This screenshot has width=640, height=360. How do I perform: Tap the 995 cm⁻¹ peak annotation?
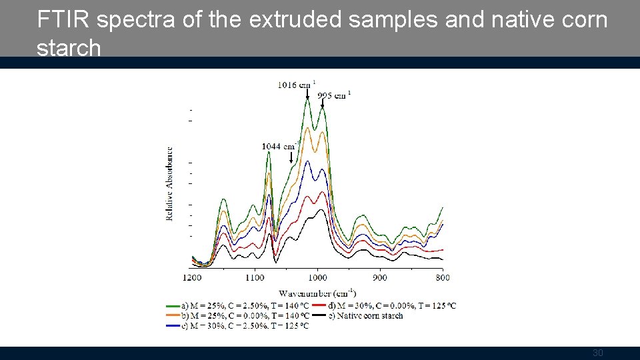tap(333, 95)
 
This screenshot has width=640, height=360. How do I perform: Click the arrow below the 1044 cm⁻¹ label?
tap(291, 157)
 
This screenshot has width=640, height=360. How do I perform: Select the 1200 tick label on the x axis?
tap(191, 277)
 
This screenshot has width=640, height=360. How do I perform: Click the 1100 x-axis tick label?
tap(254, 277)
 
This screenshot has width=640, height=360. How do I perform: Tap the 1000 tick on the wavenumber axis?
tap(317, 277)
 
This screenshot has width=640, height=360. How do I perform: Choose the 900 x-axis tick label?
tap(379, 277)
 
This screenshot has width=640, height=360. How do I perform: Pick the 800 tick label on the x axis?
tap(442, 277)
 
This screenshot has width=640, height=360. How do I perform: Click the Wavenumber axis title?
tap(317, 293)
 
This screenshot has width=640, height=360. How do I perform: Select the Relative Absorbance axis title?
tap(170, 183)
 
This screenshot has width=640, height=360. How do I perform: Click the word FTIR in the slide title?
tap(64, 20)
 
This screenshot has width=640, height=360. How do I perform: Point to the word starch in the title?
tap(69, 47)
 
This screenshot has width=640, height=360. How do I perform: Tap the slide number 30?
tap(597, 353)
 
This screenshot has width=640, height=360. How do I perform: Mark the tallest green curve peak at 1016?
tap(307, 98)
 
